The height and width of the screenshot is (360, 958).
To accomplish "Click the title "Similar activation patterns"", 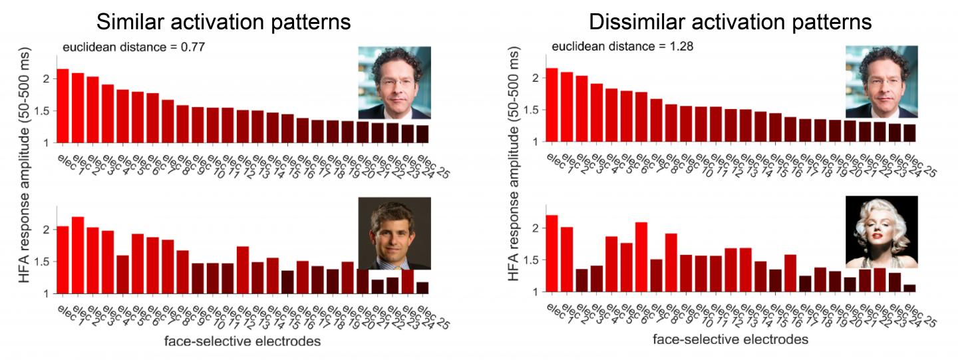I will [224, 22].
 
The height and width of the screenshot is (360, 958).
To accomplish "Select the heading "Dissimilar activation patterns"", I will [730, 22].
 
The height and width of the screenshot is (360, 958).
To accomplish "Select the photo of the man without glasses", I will [395, 234].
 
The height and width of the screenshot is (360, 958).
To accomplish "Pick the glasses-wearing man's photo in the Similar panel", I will [395, 82].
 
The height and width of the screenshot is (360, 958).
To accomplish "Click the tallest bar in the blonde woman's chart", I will [552, 254].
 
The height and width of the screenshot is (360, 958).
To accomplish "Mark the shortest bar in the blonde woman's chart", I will [909, 288].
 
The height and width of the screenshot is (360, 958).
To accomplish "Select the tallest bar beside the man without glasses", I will [78, 255].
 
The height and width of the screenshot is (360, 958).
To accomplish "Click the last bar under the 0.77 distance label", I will [422, 134].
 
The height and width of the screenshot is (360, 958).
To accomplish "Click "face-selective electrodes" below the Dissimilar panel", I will [730, 339].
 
